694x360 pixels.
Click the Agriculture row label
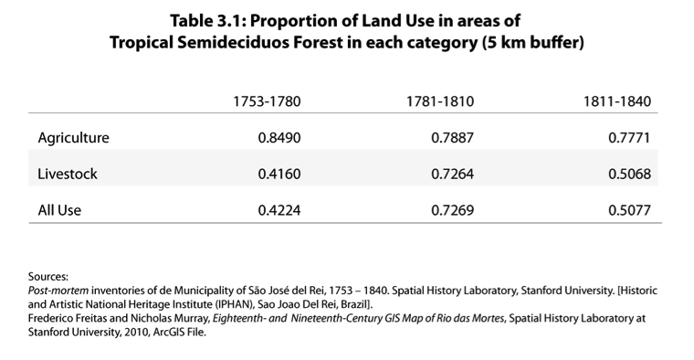(73, 138)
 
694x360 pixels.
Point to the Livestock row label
(68, 174)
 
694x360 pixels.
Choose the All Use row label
(60, 210)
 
